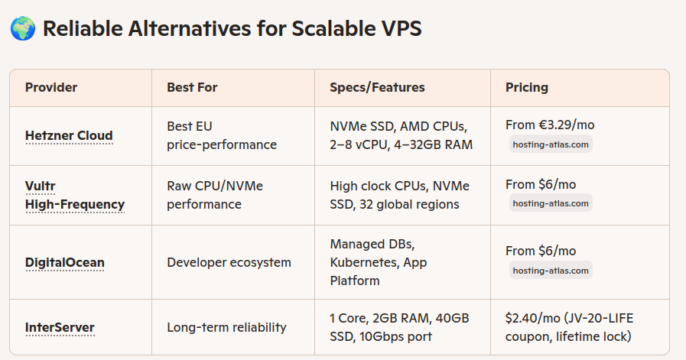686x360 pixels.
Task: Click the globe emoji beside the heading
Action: (x=23, y=28)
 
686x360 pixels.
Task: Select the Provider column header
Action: (x=51, y=87)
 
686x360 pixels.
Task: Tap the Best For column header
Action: (x=192, y=87)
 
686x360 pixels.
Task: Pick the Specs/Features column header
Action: (x=377, y=87)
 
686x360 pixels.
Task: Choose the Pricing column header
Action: (x=527, y=87)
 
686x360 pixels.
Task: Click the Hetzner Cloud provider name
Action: (x=69, y=135)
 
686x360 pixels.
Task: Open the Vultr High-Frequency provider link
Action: (x=75, y=195)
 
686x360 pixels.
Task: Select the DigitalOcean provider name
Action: (x=65, y=262)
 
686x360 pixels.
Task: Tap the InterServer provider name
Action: (x=60, y=327)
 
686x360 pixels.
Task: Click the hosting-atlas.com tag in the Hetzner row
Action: (x=551, y=144)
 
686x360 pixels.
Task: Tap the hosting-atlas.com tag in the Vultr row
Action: (x=551, y=203)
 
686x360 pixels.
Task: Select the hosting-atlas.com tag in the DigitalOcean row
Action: (x=551, y=271)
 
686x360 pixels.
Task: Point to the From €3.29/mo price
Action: (x=550, y=125)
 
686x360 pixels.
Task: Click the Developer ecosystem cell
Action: (x=229, y=262)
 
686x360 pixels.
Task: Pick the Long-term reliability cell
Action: (x=226, y=327)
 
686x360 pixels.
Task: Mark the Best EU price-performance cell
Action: (x=222, y=135)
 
